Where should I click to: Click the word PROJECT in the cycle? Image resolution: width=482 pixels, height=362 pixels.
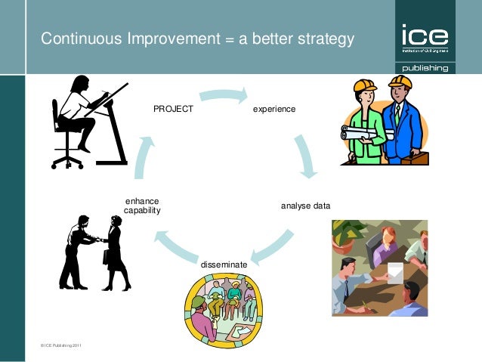coord(173,109)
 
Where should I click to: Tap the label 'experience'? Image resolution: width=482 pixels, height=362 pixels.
coord(274,110)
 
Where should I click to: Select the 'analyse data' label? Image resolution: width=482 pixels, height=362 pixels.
coord(305,206)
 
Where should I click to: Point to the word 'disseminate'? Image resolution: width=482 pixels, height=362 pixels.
coord(224,265)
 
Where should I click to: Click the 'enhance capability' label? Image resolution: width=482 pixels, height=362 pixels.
coord(142,206)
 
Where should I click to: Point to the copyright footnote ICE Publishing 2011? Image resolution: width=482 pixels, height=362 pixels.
coord(61,345)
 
